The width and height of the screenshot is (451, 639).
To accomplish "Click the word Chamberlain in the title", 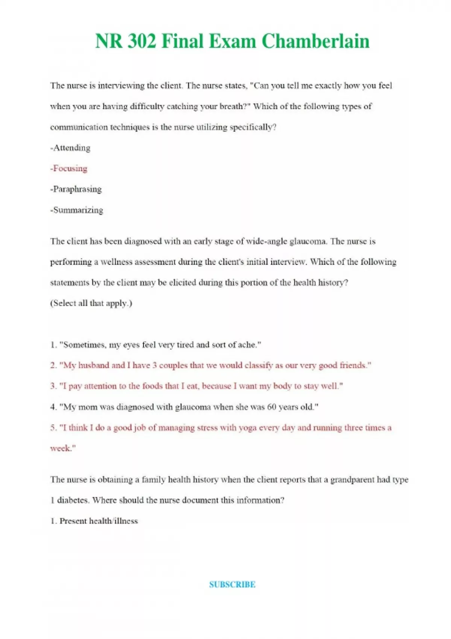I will tap(315, 41).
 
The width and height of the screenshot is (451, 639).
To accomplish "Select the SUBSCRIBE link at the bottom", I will tap(232, 584).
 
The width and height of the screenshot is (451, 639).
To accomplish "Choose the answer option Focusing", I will tap(70, 168).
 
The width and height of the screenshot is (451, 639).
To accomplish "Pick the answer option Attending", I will tap(71, 148).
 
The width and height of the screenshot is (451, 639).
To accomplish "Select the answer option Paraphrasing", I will tap(77, 189).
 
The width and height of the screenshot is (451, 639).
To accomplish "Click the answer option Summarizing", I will tap(77, 210).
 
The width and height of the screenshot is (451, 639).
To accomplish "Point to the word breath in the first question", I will tap(232, 106).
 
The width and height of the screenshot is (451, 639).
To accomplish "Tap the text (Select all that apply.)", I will tap(91, 303).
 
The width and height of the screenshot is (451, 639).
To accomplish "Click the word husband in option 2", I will tap(94, 365).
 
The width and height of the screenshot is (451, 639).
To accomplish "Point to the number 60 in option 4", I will tap(271, 407).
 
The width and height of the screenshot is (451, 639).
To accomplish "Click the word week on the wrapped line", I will tap(61, 448).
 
